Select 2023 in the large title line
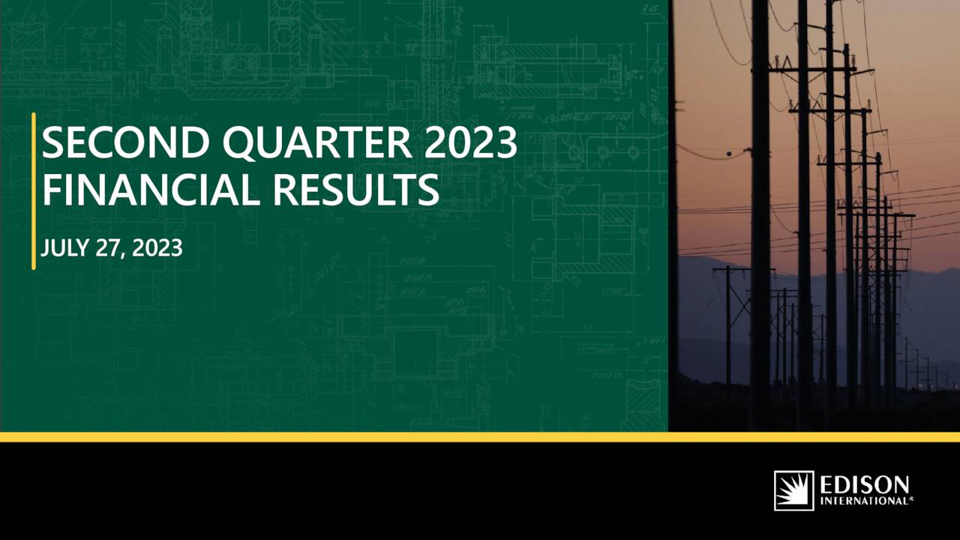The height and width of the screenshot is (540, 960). [x=471, y=144]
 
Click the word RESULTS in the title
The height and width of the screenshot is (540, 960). [x=355, y=190]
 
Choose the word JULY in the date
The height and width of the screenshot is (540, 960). [x=65, y=249]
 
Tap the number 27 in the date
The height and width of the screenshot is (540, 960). [x=107, y=249]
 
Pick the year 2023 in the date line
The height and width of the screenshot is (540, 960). [x=157, y=249]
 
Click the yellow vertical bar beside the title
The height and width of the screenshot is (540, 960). [x=34, y=190]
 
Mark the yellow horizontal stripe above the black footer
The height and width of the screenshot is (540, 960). [x=480, y=436]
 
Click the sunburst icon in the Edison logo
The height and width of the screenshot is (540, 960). [x=793, y=490]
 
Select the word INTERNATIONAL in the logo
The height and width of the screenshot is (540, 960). [x=863, y=500]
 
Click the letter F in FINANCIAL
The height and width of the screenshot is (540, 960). [x=52, y=190]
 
